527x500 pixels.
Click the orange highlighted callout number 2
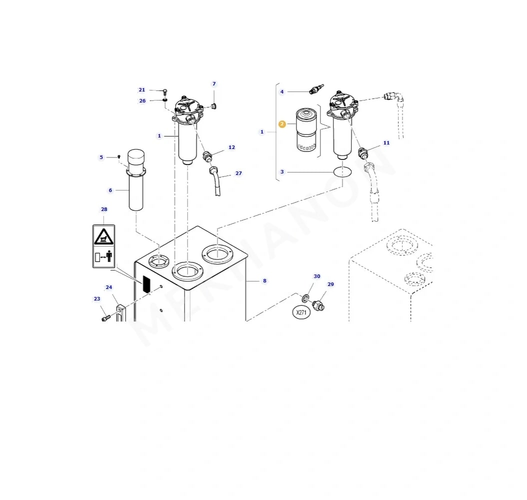(x=282, y=124)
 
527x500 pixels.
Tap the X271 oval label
(x=301, y=312)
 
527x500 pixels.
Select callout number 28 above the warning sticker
(x=104, y=209)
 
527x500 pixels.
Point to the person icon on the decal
(x=109, y=256)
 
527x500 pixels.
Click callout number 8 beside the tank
(x=265, y=280)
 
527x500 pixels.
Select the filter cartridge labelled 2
(x=306, y=129)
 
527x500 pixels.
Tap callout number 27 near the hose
(x=238, y=173)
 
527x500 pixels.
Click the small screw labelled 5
(x=118, y=157)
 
